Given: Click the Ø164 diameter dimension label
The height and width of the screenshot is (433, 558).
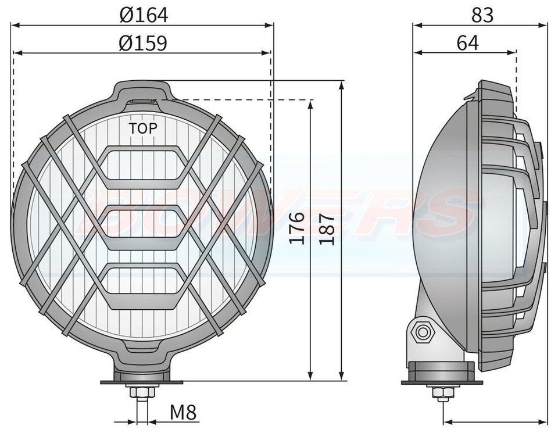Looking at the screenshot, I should tap(144, 15).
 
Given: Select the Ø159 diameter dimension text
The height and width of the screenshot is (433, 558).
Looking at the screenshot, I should tap(144, 43).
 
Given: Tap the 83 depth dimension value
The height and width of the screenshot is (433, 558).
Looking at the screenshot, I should tap(482, 15).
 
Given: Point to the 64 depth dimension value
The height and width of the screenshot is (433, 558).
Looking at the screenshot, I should tap(467, 43).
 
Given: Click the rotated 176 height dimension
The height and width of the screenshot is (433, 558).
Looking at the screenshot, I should tap(297, 228).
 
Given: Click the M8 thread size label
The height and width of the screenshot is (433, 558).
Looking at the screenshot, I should tap(184, 413).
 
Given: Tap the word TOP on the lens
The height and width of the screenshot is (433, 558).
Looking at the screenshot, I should tap(142, 128).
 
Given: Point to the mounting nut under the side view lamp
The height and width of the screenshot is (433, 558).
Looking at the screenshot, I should tap(440, 394).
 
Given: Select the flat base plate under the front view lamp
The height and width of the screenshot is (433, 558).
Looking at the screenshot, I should tap(143, 382).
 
